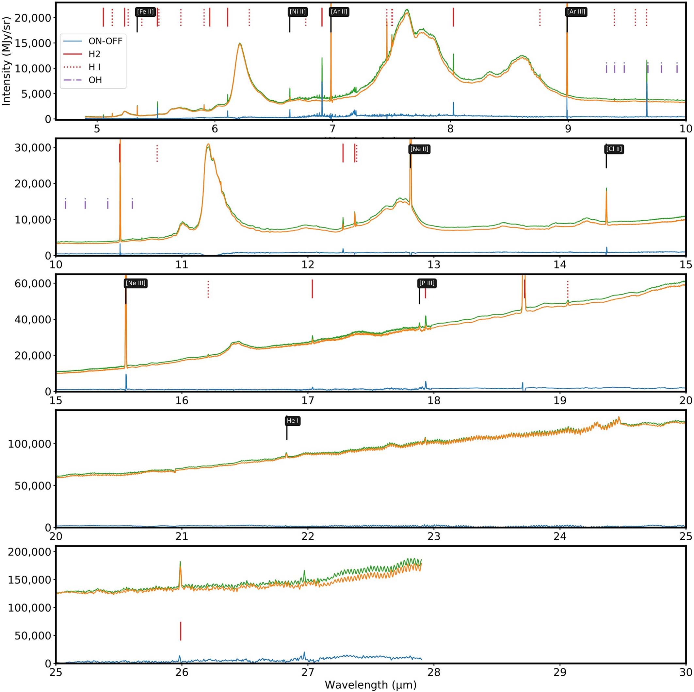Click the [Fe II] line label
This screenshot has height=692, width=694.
click(145, 12)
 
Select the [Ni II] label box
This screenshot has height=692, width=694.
click(298, 12)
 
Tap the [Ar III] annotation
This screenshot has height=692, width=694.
click(576, 12)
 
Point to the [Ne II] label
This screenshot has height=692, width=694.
click(420, 149)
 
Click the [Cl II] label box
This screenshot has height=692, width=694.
click(614, 149)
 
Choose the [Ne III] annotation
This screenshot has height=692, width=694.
click(136, 283)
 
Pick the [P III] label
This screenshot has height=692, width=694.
click(427, 283)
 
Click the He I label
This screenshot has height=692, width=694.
click(293, 421)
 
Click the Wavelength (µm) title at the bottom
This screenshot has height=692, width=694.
click(370, 684)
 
